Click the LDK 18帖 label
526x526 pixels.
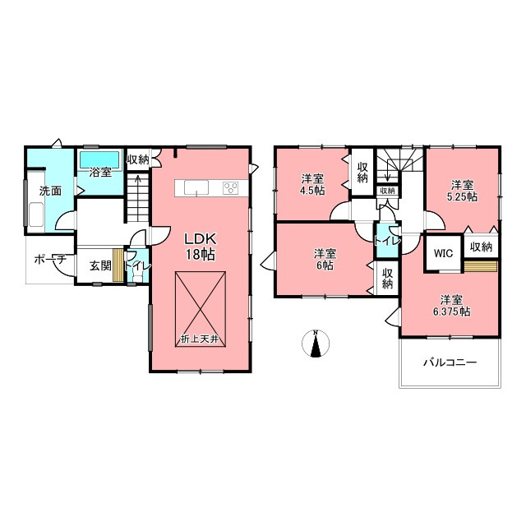[201, 247]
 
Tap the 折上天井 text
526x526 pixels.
[200, 339]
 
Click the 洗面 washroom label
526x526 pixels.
[51, 191]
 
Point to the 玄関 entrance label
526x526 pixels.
[100, 266]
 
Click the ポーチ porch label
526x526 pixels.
[50, 260]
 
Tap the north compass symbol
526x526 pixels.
[316, 344]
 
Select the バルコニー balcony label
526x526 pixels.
[450, 362]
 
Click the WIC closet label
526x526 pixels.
[443, 253]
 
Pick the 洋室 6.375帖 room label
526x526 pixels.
[451, 305]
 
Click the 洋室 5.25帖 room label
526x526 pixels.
[462, 191]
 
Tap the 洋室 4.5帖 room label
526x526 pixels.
[312, 184]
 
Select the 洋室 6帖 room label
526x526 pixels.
[325, 260]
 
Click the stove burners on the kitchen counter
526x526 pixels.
[231, 187]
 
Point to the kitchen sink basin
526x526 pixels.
[196, 187]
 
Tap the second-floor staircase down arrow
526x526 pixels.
[388, 170]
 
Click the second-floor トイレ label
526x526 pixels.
[387, 241]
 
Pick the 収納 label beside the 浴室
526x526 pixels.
[137, 159]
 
